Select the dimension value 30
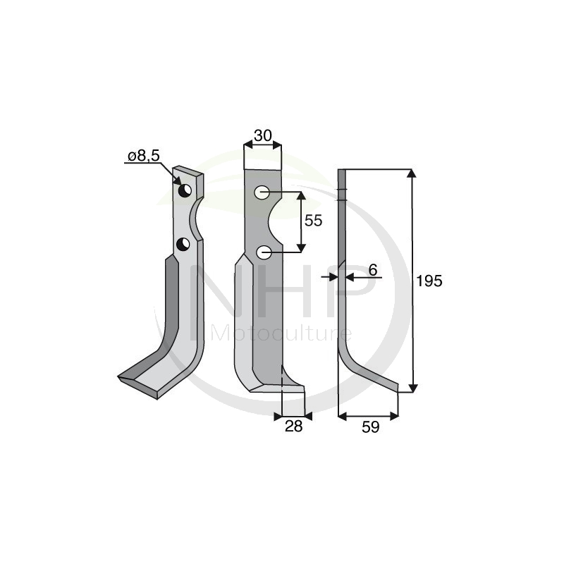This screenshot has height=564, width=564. point(262,135)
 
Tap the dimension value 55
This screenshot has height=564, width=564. point(312,221)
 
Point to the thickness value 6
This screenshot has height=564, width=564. point(373,269)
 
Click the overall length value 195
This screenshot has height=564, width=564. point(429,281)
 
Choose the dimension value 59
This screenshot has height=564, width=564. point(369,427)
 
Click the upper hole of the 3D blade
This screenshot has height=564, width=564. point(184,191)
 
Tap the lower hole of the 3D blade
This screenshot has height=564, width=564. point(183,245)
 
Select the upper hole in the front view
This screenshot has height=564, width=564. point(262,192)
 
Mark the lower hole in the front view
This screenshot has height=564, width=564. point(263,252)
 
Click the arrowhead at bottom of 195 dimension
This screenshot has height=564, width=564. point(412,386)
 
